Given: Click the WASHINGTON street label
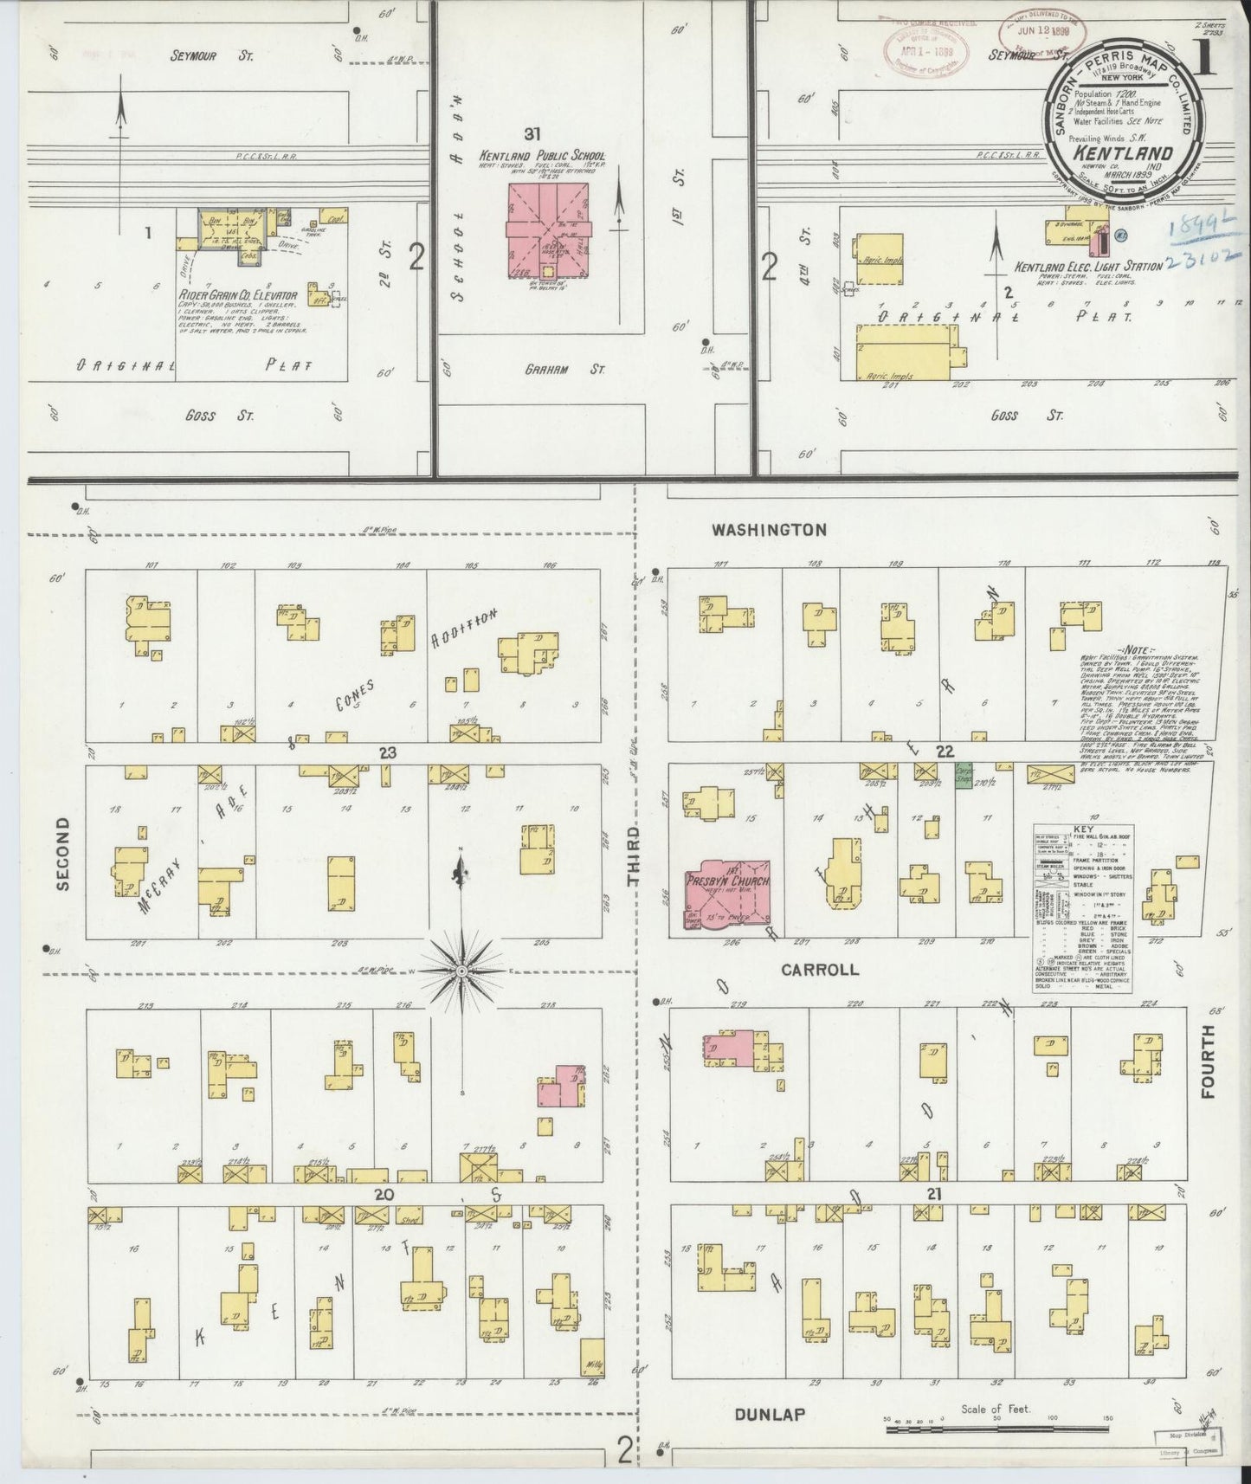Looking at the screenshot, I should click(x=769, y=529).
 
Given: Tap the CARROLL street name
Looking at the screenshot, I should click(x=819, y=970).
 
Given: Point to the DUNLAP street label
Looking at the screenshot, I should click(x=770, y=1415).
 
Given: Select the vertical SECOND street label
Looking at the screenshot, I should click(x=61, y=855).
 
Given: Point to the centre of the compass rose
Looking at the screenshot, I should click(x=462, y=971).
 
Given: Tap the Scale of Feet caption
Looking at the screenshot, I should click(x=996, y=1410).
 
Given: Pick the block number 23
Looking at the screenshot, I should click(x=387, y=752).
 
